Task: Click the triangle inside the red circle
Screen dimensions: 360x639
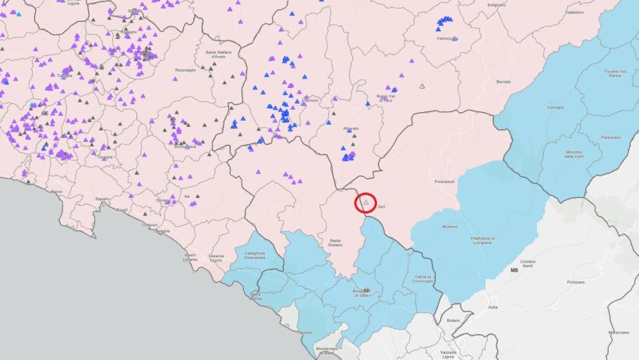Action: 365,203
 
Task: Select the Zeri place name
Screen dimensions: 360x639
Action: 382,207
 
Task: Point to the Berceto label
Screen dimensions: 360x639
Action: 503,82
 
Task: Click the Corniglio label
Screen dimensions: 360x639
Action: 556,107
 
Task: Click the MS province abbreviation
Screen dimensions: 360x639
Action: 514,270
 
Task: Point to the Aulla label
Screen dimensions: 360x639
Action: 492,307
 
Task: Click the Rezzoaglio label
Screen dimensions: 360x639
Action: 185,70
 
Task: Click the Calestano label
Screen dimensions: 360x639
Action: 574,34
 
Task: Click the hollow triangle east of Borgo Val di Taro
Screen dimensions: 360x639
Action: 422,86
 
